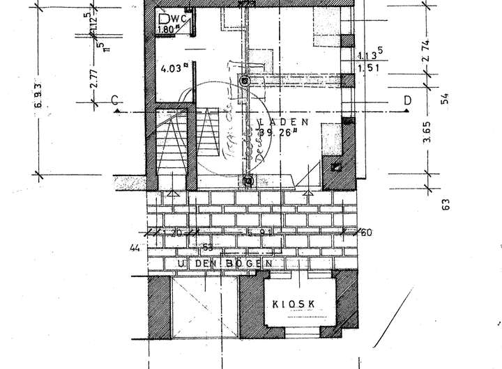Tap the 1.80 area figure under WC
tap(167, 30)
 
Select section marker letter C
tap(114, 100)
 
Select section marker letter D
tap(406, 100)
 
